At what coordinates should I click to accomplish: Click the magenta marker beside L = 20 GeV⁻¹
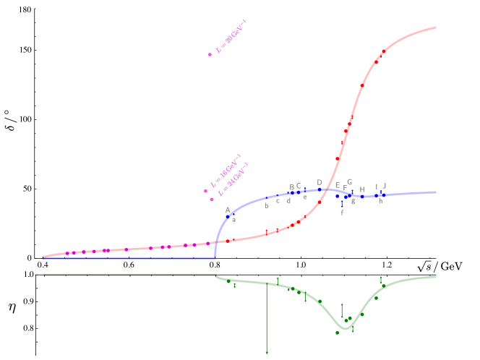tap(210, 54)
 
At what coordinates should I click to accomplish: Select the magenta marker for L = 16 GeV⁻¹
tap(206, 191)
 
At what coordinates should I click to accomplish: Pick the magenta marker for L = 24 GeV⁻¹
tap(212, 199)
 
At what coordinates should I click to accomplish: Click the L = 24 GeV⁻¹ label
tap(233, 179)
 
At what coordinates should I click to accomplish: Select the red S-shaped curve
tap(354, 108)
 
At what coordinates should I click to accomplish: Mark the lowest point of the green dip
tap(345, 329)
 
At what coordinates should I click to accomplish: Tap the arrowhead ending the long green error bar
tap(267, 352)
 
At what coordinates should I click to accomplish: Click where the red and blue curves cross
tap(327, 190)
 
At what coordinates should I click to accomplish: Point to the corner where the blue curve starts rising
tap(215, 257)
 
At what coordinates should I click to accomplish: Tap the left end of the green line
tap(44, 274)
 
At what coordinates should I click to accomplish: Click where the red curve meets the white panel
tap(435, 28)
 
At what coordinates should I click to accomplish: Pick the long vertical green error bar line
tap(267, 318)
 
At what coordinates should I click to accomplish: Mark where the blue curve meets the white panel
tap(435, 192)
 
